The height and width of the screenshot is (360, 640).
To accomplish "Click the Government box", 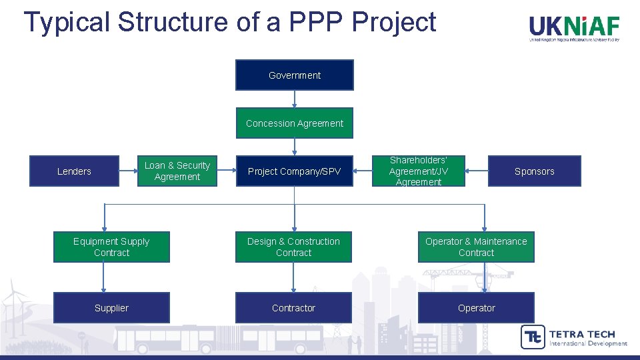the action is point(294,75).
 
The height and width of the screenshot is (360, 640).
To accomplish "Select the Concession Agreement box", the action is point(294,123).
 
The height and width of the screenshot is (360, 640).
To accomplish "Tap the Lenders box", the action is point(74,171).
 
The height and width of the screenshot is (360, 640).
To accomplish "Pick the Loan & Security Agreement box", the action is point(177,171).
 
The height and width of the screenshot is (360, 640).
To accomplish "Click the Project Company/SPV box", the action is point(294,171).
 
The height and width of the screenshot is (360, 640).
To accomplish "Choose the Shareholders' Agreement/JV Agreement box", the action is point(418,171).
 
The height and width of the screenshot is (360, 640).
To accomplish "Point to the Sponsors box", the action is point(534,171).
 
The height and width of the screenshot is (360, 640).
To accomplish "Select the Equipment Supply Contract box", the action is point(111,247).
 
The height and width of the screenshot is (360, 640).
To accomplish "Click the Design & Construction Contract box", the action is point(293,247).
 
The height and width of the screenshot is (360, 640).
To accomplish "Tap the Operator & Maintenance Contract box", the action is point(476,247).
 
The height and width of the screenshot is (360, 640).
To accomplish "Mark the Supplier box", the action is point(111,308).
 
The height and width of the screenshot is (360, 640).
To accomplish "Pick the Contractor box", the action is point(293,308).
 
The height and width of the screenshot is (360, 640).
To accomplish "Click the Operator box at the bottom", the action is point(476,308).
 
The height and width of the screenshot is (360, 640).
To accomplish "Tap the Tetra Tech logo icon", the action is point(532,337).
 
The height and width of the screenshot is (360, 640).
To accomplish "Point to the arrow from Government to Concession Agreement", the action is point(294,99).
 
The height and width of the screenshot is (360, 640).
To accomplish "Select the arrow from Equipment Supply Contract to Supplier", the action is point(104,277).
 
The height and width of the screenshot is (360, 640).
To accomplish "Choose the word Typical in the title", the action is point(66,22).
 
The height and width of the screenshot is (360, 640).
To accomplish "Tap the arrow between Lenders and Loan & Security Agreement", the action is point(128,171).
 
